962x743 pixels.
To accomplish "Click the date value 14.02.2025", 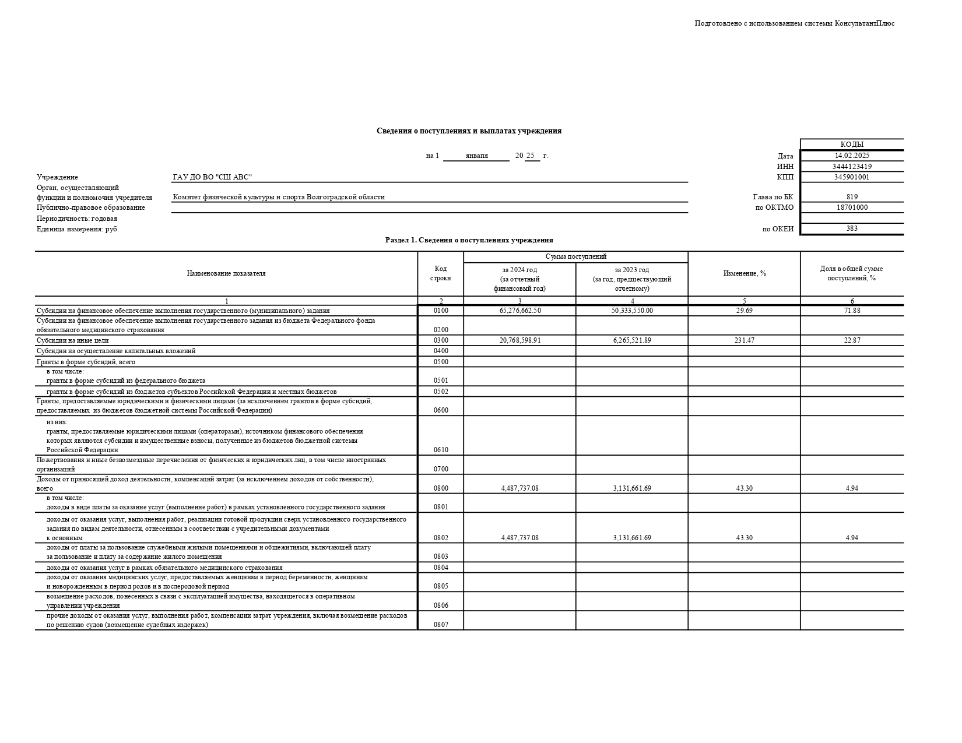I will click(x=852, y=156).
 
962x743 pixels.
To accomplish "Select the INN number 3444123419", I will click(x=852, y=167).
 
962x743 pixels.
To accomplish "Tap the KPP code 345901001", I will click(x=852, y=177).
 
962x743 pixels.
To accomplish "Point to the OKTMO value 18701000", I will click(x=852, y=207).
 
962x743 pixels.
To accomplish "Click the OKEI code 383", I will click(x=852, y=228).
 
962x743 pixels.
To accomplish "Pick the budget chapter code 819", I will click(x=852, y=197).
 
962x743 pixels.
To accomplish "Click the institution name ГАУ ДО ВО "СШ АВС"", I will click(x=212, y=177).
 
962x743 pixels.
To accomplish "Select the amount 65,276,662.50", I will click(x=519, y=311).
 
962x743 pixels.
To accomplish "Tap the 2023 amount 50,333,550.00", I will click(x=632, y=311).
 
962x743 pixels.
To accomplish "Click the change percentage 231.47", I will click(x=744, y=340).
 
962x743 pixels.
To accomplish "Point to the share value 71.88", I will click(x=852, y=311).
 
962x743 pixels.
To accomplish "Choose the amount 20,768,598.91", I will click(x=519, y=340).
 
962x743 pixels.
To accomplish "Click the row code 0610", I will click(x=441, y=450).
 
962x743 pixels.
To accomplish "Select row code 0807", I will click(x=441, y=625).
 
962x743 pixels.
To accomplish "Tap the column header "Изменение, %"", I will click(x=744, y=273).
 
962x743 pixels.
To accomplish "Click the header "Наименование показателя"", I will click(x=226, y=273).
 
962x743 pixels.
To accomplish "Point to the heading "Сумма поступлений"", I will click(x=575, y=256).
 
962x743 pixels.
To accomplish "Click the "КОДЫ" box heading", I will click(x=852, y=145).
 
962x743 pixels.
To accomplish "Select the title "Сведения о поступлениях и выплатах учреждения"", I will click(x=469, y=131).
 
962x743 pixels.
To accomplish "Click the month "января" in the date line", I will click(x=476, y=156).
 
